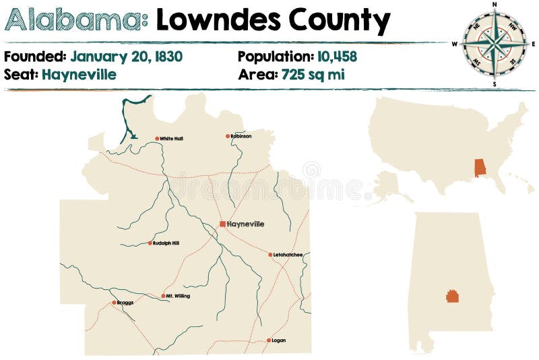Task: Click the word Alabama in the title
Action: [76, 21]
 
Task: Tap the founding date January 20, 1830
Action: [126, 57]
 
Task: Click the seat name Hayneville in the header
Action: [79, 74]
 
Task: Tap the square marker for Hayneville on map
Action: [222, 224]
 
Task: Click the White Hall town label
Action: [171, 139]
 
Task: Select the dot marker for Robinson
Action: [228, 136]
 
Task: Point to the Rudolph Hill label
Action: [166, 243]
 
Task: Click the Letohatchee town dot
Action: [269, 255]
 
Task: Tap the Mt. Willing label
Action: [178, 296]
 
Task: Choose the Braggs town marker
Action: [114, 303]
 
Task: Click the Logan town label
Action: [278, 340]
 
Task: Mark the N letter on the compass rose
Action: [495, 4]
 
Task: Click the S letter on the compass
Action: [495, 84]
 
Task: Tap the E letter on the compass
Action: [534, 44]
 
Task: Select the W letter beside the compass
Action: [455, 44]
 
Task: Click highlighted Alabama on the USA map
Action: [480, 167]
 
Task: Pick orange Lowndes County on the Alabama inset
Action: [453, 296]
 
